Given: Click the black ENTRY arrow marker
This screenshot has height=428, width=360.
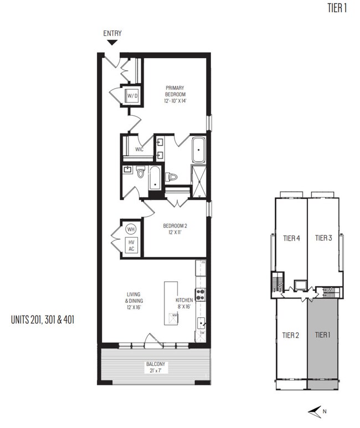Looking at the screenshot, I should point(112,42).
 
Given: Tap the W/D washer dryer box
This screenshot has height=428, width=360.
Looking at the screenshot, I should point(132,96).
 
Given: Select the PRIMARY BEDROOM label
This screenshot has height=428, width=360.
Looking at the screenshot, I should point(175,94).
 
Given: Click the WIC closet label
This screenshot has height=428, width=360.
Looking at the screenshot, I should point(138,149).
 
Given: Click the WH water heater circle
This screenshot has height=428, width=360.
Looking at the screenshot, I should point(131,229).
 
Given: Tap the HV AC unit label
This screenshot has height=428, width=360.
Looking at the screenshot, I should point(131,245).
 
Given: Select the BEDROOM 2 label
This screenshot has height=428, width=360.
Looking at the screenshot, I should point(177,229).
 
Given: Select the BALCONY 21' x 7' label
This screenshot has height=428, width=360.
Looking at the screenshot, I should point(156,367).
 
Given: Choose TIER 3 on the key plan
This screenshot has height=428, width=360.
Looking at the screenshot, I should point(323,239).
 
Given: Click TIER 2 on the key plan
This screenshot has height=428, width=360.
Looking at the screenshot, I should point(291,335).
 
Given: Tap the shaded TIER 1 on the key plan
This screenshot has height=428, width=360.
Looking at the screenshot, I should point(323,335).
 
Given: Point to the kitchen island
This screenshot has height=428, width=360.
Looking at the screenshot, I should point(171,303).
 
